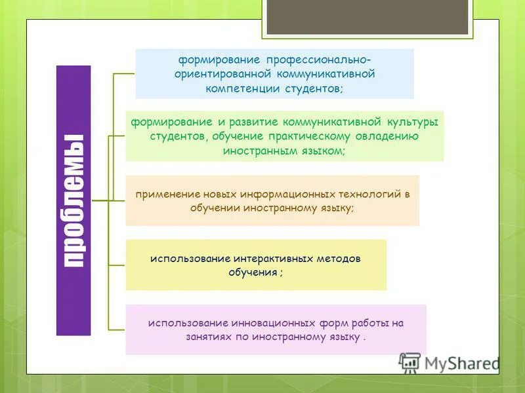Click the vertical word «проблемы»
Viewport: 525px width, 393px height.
pos(73,200)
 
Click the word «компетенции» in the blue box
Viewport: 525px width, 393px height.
pos(242,88)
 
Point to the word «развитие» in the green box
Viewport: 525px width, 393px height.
pos(248,122)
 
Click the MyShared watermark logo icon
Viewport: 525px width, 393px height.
pos(409,363)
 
